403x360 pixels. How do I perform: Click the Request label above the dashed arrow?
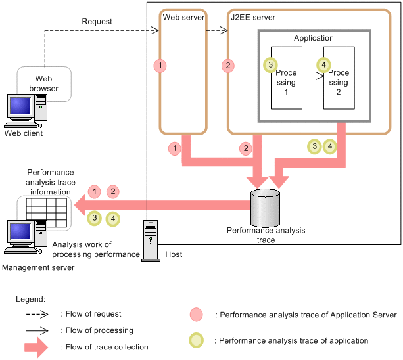(97, 22)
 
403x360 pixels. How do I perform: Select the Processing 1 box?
(286, 78)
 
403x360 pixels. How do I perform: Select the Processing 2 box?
(339, 78)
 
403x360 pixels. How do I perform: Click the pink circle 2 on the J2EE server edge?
(227, 66)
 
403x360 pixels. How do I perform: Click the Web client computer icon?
(24, 111)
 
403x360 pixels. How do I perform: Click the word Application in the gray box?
(314, 38)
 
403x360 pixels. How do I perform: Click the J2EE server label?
(252, 15)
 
